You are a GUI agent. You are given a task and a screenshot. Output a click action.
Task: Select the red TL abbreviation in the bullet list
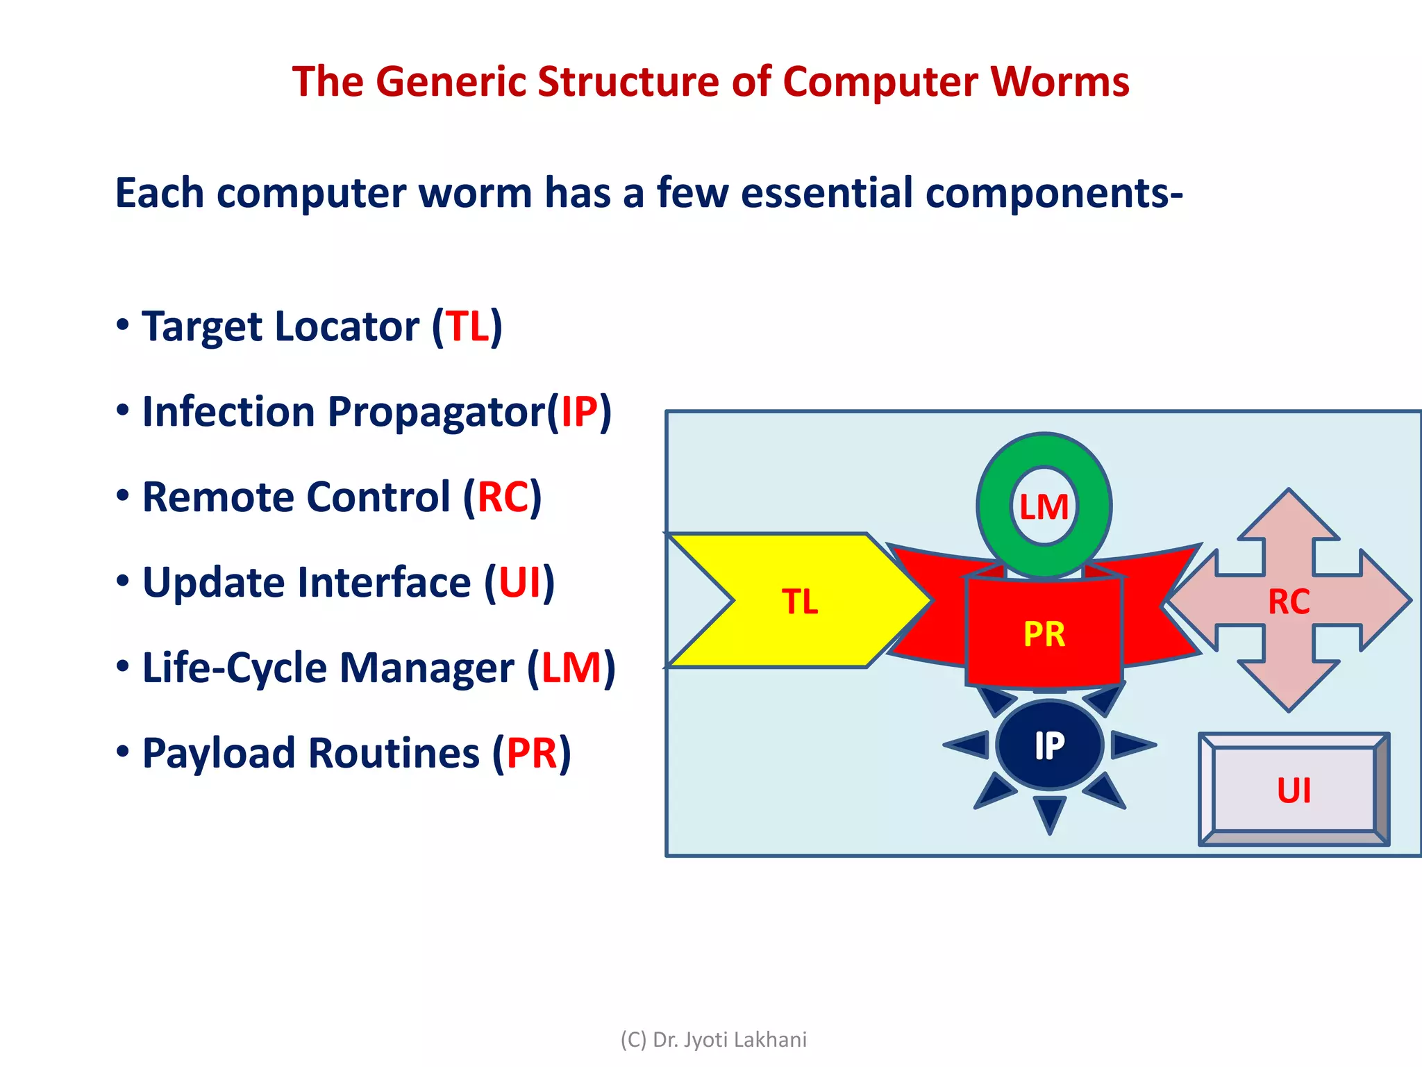467,326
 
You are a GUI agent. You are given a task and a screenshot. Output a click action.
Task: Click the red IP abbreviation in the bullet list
579,412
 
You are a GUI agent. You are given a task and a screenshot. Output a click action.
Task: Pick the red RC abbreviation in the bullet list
503,497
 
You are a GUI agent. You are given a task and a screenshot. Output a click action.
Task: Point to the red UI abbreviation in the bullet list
519,583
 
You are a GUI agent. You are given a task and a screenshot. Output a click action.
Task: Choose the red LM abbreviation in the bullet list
571,668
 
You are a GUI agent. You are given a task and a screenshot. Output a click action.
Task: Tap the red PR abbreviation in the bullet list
532,754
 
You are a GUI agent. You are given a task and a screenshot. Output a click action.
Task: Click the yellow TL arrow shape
798,601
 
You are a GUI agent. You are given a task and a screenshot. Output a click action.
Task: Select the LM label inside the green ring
1044,507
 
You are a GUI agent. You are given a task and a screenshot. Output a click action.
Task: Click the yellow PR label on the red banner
1044,634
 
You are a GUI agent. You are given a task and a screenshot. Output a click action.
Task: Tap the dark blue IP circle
1049,745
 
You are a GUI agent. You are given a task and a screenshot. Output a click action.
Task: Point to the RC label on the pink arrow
1289,602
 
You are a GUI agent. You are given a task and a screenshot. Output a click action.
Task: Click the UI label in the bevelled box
1294,791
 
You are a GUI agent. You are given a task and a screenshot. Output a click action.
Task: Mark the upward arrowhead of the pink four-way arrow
1289,514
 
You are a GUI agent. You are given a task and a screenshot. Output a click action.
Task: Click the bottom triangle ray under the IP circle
1049,813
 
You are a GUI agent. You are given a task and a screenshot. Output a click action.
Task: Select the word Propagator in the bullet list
436,412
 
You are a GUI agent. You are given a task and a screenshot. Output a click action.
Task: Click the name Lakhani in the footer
770,1040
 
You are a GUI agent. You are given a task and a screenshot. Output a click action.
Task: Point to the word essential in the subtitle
826,193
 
